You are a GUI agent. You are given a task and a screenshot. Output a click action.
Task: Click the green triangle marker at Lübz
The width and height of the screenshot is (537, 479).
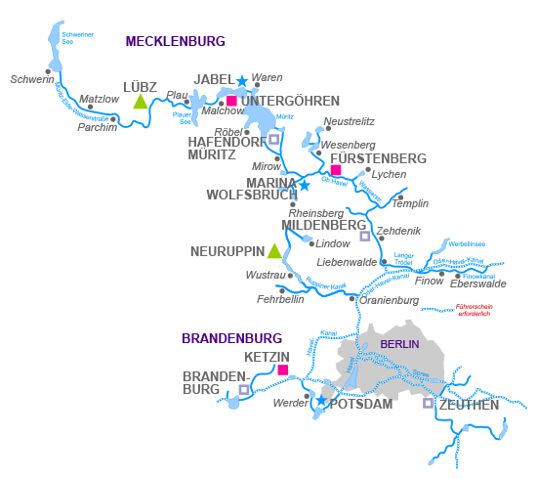pyautogui.click(x=141, y=102)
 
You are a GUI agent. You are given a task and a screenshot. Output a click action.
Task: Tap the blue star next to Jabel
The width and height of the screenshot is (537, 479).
pyautogui.click(x=242, y=80)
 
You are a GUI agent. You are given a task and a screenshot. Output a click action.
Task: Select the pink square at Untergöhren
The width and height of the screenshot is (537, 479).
pyautogui.click(x=231, y=101)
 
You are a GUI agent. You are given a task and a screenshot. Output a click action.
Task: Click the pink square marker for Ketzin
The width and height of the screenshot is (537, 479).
pyautogui.click(x=283, y=370)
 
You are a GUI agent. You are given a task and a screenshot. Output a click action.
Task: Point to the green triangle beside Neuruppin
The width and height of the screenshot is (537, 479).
pyautogui.click(x=275, y=251)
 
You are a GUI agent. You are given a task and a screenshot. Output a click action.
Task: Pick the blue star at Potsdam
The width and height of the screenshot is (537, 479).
pyautogui.click(x=321, y=401)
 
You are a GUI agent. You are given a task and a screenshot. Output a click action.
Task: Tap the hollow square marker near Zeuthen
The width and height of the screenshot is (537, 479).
pyautogui.click(x=428, y=403)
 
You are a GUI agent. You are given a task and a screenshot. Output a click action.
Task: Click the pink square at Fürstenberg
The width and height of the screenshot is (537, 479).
pyautogui.click(x=336, y=170)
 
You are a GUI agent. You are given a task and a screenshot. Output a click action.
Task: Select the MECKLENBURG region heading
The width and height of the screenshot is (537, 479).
pyautogui.click(x=176, y=41)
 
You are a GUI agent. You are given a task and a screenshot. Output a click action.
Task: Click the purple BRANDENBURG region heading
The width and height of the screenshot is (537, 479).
pyautogui.click(x=231, y=338)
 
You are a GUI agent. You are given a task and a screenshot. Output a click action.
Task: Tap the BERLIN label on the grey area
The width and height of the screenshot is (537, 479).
pyautogui.click(x=398, y=344)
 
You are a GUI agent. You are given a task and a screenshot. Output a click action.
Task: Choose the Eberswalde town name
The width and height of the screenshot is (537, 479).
pyautogui.click(x=478, y=283)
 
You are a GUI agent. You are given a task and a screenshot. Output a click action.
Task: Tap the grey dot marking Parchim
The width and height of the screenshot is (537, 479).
pyautogui.click(x=114, y=119)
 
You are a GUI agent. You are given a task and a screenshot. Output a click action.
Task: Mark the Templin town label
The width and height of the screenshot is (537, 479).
pyautogui.click(x=410, y=203)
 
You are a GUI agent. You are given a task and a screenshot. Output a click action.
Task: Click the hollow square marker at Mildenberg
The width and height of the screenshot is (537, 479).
pyautogui.click(x=364, y=236)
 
